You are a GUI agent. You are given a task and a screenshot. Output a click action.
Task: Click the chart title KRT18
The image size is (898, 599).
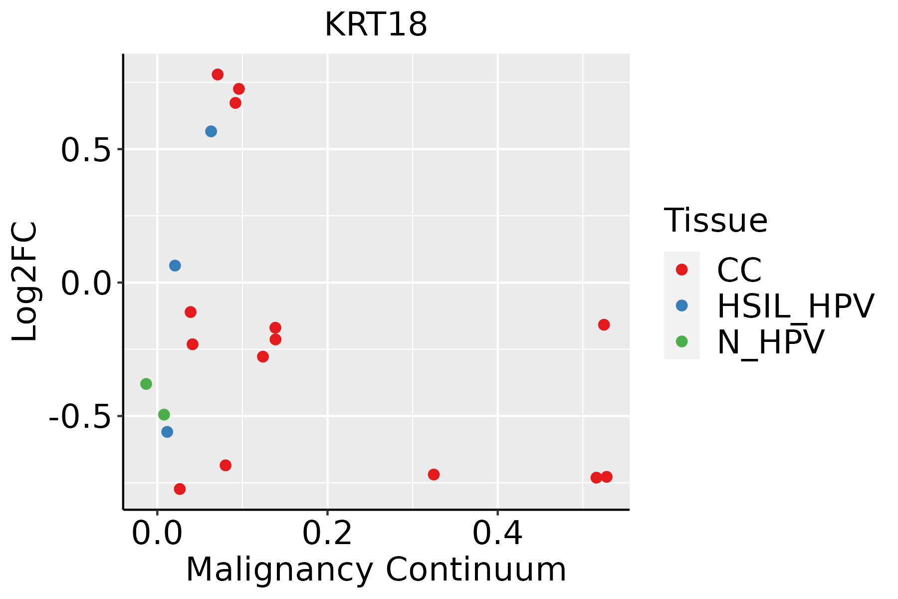[376, 24]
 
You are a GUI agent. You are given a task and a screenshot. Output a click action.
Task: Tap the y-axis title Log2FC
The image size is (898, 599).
[25, 282]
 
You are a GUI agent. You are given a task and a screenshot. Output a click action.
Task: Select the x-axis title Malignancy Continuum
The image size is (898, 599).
[376, 570]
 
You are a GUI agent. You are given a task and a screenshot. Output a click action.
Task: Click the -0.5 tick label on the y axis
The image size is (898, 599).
[79, 416]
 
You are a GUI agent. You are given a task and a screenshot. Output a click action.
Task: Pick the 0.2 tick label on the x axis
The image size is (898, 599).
[327, 534]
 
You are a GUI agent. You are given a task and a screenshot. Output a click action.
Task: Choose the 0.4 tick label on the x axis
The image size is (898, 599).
[497, 534]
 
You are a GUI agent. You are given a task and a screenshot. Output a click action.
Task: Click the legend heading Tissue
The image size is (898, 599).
[715, 220]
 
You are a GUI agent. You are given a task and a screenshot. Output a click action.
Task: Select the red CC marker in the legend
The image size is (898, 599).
[681, 270]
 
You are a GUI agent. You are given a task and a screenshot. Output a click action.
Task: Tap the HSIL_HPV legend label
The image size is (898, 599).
[795, 306]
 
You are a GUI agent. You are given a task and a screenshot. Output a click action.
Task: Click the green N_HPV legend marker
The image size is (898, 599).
[681, 341]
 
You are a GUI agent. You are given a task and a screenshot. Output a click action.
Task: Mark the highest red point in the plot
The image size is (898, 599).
[218, 74]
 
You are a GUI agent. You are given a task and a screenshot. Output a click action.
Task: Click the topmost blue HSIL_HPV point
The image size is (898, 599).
[211, 131]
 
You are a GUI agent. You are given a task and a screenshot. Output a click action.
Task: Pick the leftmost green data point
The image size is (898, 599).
[146, 384]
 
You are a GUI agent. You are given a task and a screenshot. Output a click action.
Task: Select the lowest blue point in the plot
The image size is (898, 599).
[167, 432]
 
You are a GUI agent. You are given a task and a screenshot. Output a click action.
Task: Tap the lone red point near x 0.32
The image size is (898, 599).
[434, 474]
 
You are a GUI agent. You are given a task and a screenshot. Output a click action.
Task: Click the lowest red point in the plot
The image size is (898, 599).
[180, 489]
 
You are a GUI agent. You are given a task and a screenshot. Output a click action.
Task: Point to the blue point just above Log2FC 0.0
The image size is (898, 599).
[175, 266]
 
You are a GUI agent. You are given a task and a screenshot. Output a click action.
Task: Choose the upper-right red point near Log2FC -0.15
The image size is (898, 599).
[604, 325]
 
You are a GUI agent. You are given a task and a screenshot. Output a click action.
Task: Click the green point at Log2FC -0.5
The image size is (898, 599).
[164, 414]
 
